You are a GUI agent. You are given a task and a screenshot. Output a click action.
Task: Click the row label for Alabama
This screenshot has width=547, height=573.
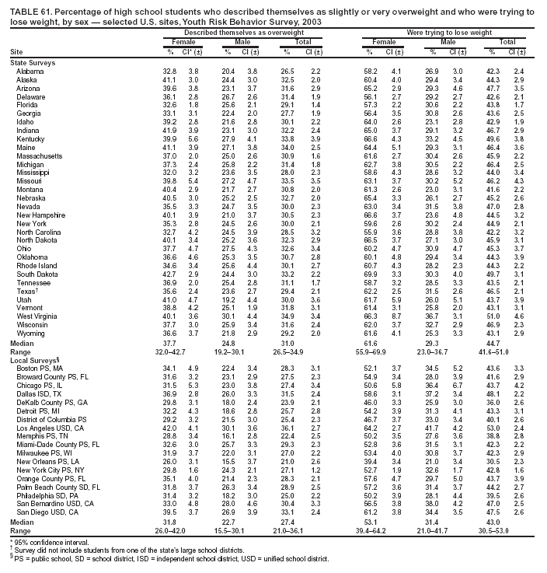(x=30, y=71)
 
